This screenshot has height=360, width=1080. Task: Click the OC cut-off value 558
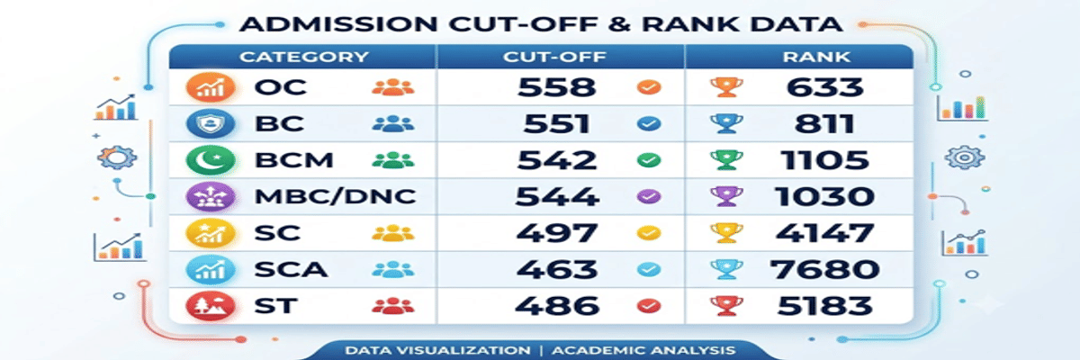pyautogui.click(x=556, y=87)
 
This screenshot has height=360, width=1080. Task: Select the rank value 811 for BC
pyautogui.click(x=824, y=124)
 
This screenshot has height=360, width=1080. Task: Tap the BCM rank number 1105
pyautogui.click(x=824, y=160)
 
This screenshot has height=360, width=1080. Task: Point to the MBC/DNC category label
pyautogui.click(x=335, y=196)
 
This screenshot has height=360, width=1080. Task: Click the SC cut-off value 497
pyautogui.click(x=557, y=233)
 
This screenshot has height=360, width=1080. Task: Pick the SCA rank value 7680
pyautogui.click(x=824, y=269)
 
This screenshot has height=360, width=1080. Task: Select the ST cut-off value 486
pyautogui.click(x=557, y=306)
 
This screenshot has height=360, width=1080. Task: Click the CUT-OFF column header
pyautogui.click(x=554, y=57)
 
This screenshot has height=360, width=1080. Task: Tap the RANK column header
pyautogui.click(x=816, y=57)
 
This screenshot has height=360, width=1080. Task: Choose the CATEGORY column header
pyautogui.click(x=304, y=57)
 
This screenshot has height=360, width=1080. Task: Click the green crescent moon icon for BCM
pyautogui.click(x=211, y=160)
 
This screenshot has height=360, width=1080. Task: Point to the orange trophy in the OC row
pyautogui.click(x=726, y=87)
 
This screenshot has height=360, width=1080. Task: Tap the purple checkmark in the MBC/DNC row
pyautogui.click(x=649, y=196)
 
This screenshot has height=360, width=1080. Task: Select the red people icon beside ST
pyautogui.click(x=393, y=306)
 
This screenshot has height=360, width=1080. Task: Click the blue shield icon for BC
pyautogui.click(x=211, y=124)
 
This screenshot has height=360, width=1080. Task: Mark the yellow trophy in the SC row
pyautogui.click(x=726, y=233)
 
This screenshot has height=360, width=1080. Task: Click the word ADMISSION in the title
pyautogui.click(x=338, y=24)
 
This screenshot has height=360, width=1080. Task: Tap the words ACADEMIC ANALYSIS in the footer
pyautogui.click(x=643, y=350)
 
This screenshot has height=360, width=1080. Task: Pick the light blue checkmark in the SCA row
pyautogui.click(x=649, y=269)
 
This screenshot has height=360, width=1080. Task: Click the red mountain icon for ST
pyautogui.click(x=211, y=306)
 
